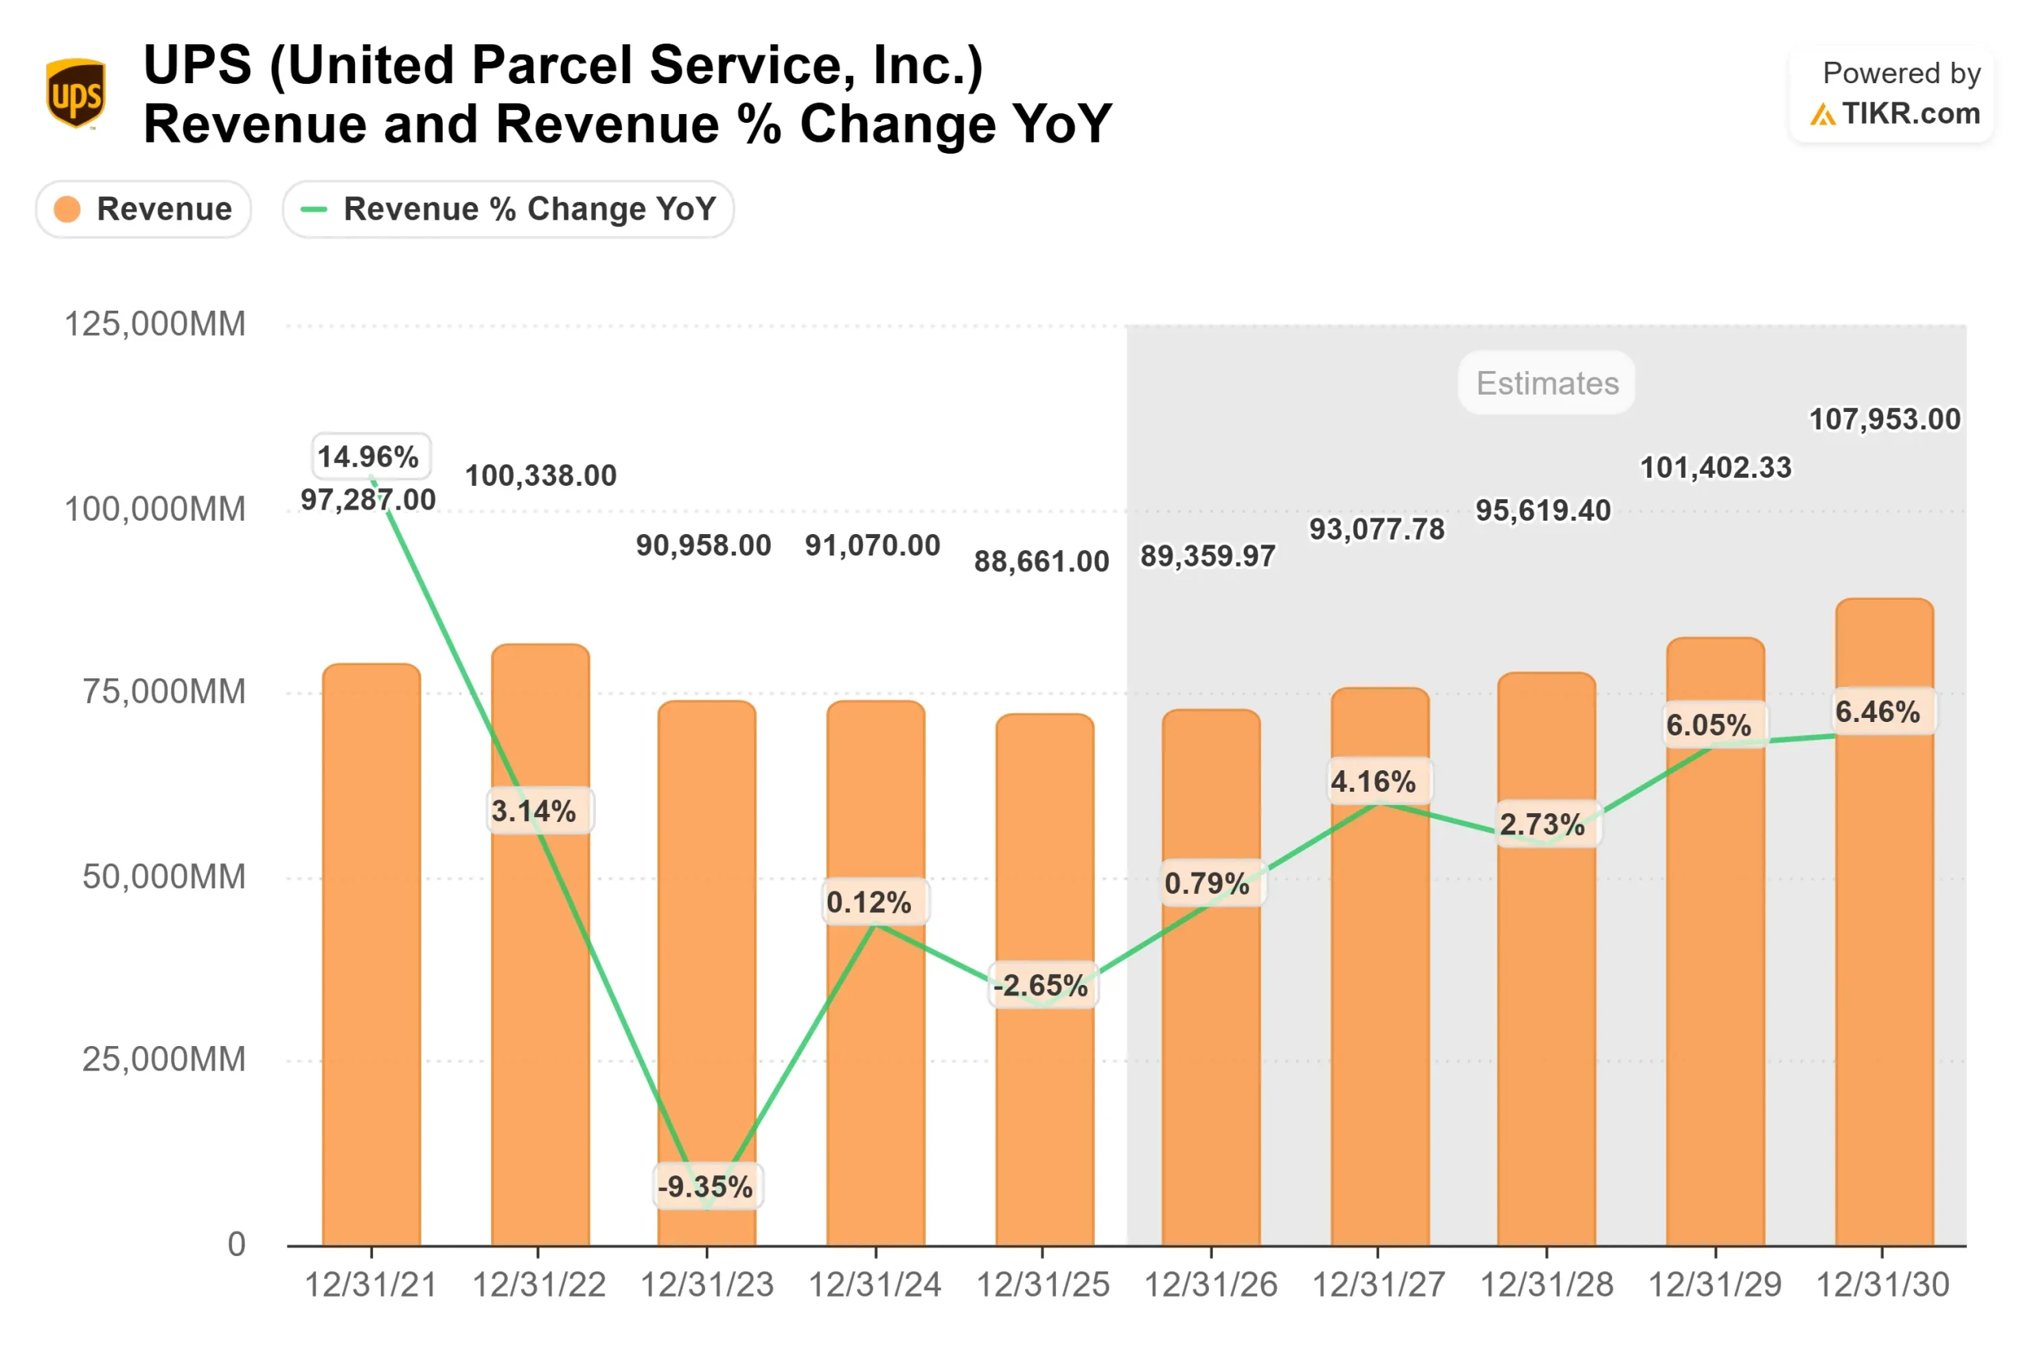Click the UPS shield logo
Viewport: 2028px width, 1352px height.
(x=76, y=94)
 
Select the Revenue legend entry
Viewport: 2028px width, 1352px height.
(x=144, y=208)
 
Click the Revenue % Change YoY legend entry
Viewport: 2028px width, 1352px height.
(x=508, y=208)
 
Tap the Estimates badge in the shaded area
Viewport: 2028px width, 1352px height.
(x=1546, y=383)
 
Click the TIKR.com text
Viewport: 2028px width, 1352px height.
(x=1910, y=114)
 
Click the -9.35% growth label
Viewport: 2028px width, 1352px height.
(x=706, y=1186)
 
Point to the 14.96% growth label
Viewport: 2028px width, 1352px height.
(x=369, y=456)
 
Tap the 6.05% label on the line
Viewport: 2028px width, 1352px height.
(x=1708, y=725)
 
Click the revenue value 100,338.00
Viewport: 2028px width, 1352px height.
(x=541, y=475)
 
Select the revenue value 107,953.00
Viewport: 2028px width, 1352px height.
(x=1884, y=419)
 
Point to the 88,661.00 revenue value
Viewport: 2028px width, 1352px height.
(x=1041, y=561)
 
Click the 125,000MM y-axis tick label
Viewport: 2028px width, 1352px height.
(x=155, y=324)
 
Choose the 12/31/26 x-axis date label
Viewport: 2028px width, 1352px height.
(x=1210, y=1285)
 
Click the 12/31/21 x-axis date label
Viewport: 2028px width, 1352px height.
(x=372, y=1285)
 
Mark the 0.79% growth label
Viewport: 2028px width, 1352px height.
(x=1207, y=883)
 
